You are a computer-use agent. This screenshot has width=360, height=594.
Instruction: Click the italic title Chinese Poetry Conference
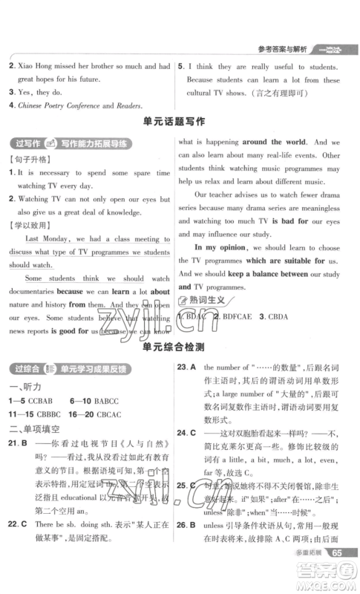tap(62, 105)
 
